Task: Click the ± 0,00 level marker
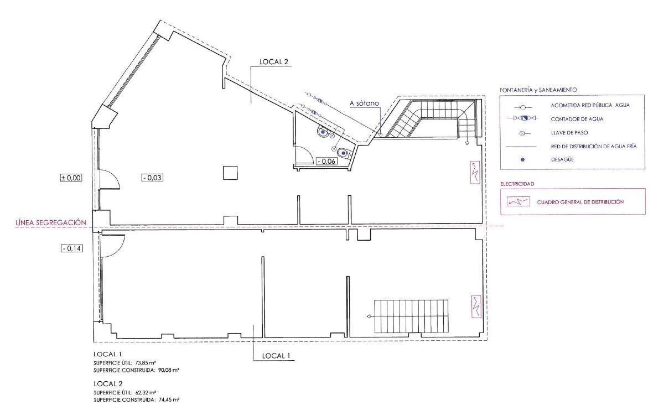pos(71,178)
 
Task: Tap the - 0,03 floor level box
pos(152,178)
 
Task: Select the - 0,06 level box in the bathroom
pos(327,162)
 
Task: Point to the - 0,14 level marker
pos(72,248)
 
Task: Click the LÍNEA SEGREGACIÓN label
pos(51,222)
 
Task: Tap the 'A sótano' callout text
pos(364,103)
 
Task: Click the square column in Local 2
pos(230,173)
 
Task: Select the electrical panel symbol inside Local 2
pos(475,172)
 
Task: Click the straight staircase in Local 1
pos(411,316)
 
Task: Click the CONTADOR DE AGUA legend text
pos(577,119)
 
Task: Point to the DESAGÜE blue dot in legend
pos(522,160)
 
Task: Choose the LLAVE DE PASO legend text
pos(569,133)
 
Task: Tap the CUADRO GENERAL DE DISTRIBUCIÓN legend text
pos(580,202)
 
